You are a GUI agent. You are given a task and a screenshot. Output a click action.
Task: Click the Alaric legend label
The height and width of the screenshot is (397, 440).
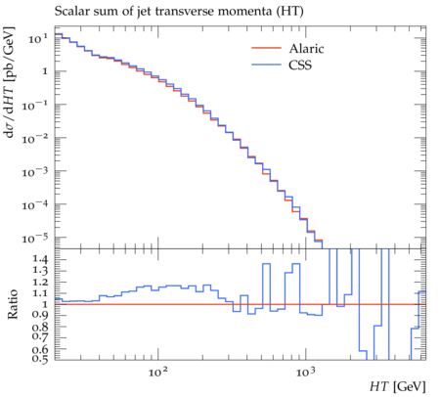coord(306,49)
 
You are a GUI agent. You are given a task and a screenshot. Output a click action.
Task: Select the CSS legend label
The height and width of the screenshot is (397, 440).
coord(300,65)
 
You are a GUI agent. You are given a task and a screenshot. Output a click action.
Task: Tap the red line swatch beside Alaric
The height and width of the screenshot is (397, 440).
coord(266,48)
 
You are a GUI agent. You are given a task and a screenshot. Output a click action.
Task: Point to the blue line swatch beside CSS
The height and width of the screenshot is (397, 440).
coord(266,65)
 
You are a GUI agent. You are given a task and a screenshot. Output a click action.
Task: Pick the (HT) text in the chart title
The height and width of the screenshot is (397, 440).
coord(290,12)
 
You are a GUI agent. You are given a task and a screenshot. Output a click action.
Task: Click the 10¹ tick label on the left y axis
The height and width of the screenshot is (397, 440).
coord(38,39)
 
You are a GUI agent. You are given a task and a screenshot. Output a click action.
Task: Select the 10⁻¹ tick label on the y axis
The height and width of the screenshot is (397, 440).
coord(35,105)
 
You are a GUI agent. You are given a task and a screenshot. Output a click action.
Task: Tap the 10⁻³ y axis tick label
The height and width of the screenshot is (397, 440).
coord(35,171)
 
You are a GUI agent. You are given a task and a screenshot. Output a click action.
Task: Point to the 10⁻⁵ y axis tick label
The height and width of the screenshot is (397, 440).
coord(35,238)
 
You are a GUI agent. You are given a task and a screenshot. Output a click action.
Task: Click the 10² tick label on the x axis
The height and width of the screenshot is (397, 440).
coord(158,372)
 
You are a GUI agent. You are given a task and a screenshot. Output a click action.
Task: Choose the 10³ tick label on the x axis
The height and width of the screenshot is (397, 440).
coord(306,372)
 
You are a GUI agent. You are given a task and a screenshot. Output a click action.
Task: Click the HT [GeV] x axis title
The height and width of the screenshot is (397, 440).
coord(398,386)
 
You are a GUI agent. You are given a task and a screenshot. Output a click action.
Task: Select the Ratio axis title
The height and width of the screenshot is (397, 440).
coord(13,304)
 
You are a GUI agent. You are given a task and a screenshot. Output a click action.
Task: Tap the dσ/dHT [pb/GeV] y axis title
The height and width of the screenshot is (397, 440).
coord(10,82)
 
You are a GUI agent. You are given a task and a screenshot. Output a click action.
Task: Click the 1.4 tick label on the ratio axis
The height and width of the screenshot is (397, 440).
coord(40,259)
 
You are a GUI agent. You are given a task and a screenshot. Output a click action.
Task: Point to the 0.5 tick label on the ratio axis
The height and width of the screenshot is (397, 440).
coord(40,359)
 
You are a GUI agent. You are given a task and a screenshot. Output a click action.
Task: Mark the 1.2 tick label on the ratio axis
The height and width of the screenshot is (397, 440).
coord(40,282)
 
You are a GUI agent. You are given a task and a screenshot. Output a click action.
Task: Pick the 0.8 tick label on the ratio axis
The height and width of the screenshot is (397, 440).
coord(40,327)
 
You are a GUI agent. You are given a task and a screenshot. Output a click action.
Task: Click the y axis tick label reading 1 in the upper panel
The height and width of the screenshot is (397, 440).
coord(45,71)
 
